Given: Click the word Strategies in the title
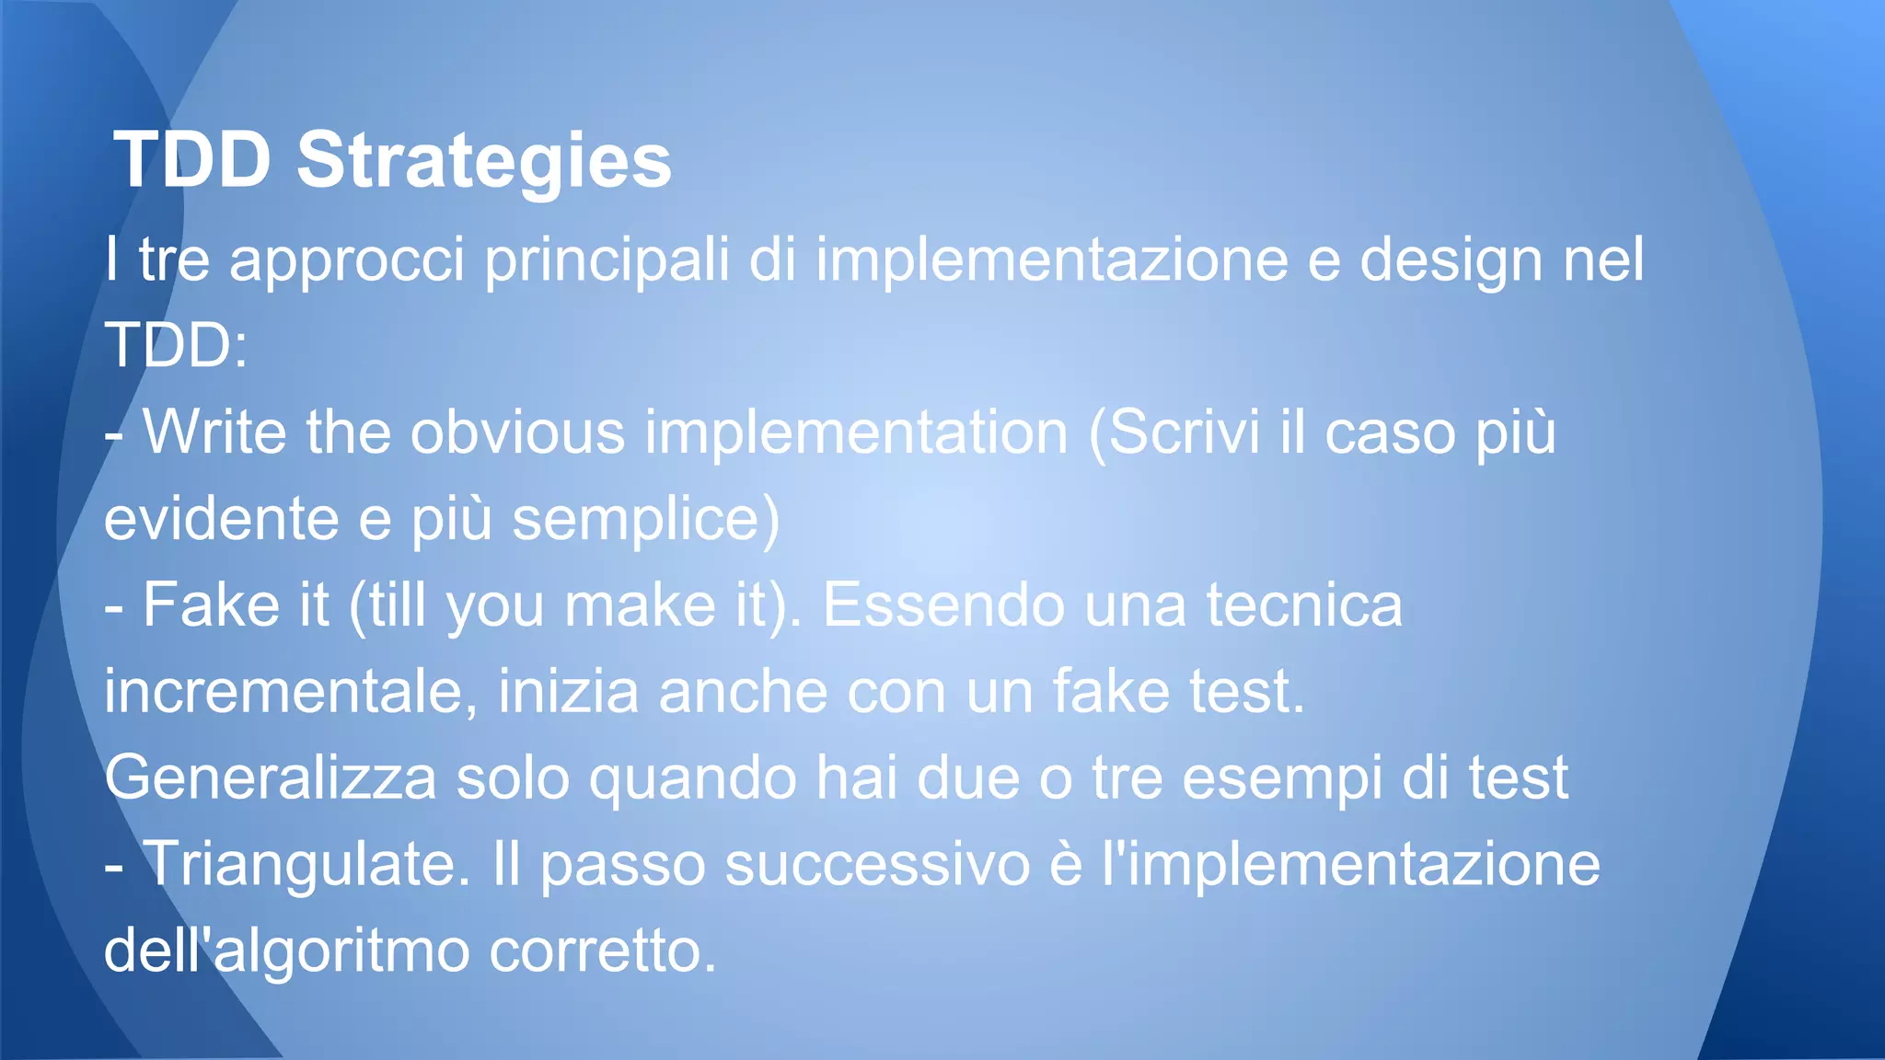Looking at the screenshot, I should [x=484, y=161].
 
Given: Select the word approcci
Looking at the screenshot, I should [x=347, y=260].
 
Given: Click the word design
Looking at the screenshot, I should [x=1451, y=260].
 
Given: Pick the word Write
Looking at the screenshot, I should [x=214, y=432].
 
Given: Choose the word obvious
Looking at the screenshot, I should [x=517, y=432].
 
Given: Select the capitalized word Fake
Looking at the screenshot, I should [x=211, y=605].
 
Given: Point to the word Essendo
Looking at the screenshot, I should [x=942, y=605].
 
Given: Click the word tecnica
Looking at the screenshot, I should [x=1304, y=605].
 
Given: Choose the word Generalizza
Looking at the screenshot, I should [x=271, y=778].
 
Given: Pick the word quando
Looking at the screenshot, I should [x=692, y=778].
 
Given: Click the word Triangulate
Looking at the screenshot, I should [x=306, y=865].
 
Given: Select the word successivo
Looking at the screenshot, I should [x=877, y=865].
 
